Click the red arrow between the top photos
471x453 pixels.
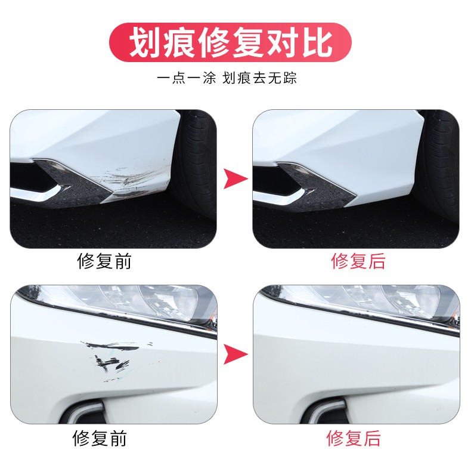click(235, 178)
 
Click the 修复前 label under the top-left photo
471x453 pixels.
click(104, 261)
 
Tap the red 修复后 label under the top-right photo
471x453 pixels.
click(358, 261)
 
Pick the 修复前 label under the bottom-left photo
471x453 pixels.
click(100, 439)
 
